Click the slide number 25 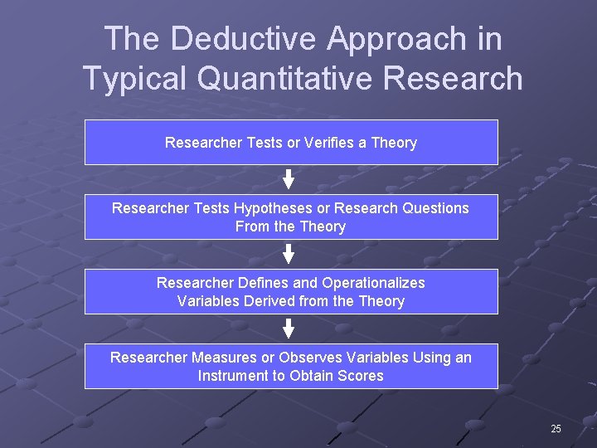tap(556, 429)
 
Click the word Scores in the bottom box tap(360, 376)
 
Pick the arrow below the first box tap(289, 179)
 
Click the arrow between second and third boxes tap(289, 254)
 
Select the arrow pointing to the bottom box tap(289, 329)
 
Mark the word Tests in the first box tap(265, 143)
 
